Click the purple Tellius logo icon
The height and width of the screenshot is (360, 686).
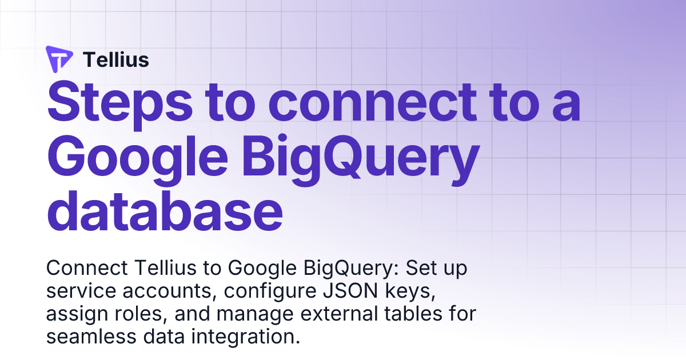(x=59, y=59)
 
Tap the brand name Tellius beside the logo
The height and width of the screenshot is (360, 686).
(x=116, y=59)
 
